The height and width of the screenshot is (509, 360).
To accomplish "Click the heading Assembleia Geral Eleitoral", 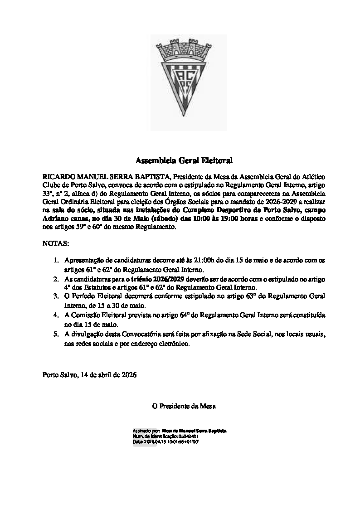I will coord(184,160).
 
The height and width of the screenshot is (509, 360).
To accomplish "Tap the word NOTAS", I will coord(55,243).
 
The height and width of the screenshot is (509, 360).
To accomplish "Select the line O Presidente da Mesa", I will coord(184,406).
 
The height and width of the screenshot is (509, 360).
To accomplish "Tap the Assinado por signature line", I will coord(179,430).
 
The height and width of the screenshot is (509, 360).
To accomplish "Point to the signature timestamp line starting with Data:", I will coord(165,441).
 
